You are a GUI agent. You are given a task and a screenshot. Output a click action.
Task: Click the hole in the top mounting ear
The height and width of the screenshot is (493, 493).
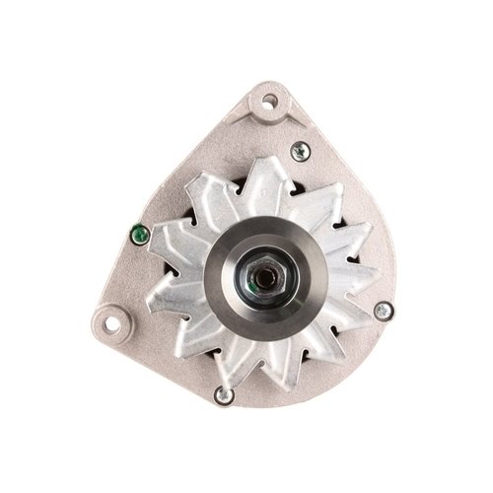tap(266, 101)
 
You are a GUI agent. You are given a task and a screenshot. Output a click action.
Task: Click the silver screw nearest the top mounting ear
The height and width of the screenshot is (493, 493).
tap(301, 151)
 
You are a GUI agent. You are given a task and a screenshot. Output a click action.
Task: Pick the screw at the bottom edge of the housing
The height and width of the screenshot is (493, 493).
tap(223, 396)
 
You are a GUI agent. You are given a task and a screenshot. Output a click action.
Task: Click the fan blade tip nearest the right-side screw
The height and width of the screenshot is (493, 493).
tap(367, 301)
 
